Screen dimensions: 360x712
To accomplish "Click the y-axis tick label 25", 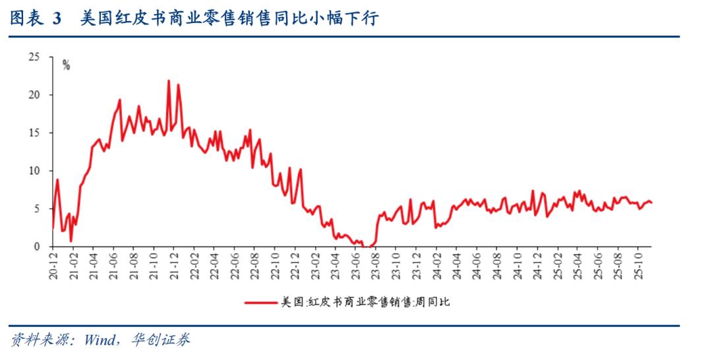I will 35,57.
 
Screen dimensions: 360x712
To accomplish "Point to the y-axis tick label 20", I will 35,95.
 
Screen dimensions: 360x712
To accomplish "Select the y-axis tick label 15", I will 35,133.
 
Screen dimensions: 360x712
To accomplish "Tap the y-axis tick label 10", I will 35,171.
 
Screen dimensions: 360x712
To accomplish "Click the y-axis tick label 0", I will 38,247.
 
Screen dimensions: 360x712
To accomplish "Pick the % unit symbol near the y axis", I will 66,65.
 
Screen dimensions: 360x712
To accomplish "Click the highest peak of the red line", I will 168,80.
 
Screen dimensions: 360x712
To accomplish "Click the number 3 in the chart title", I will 56,18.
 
